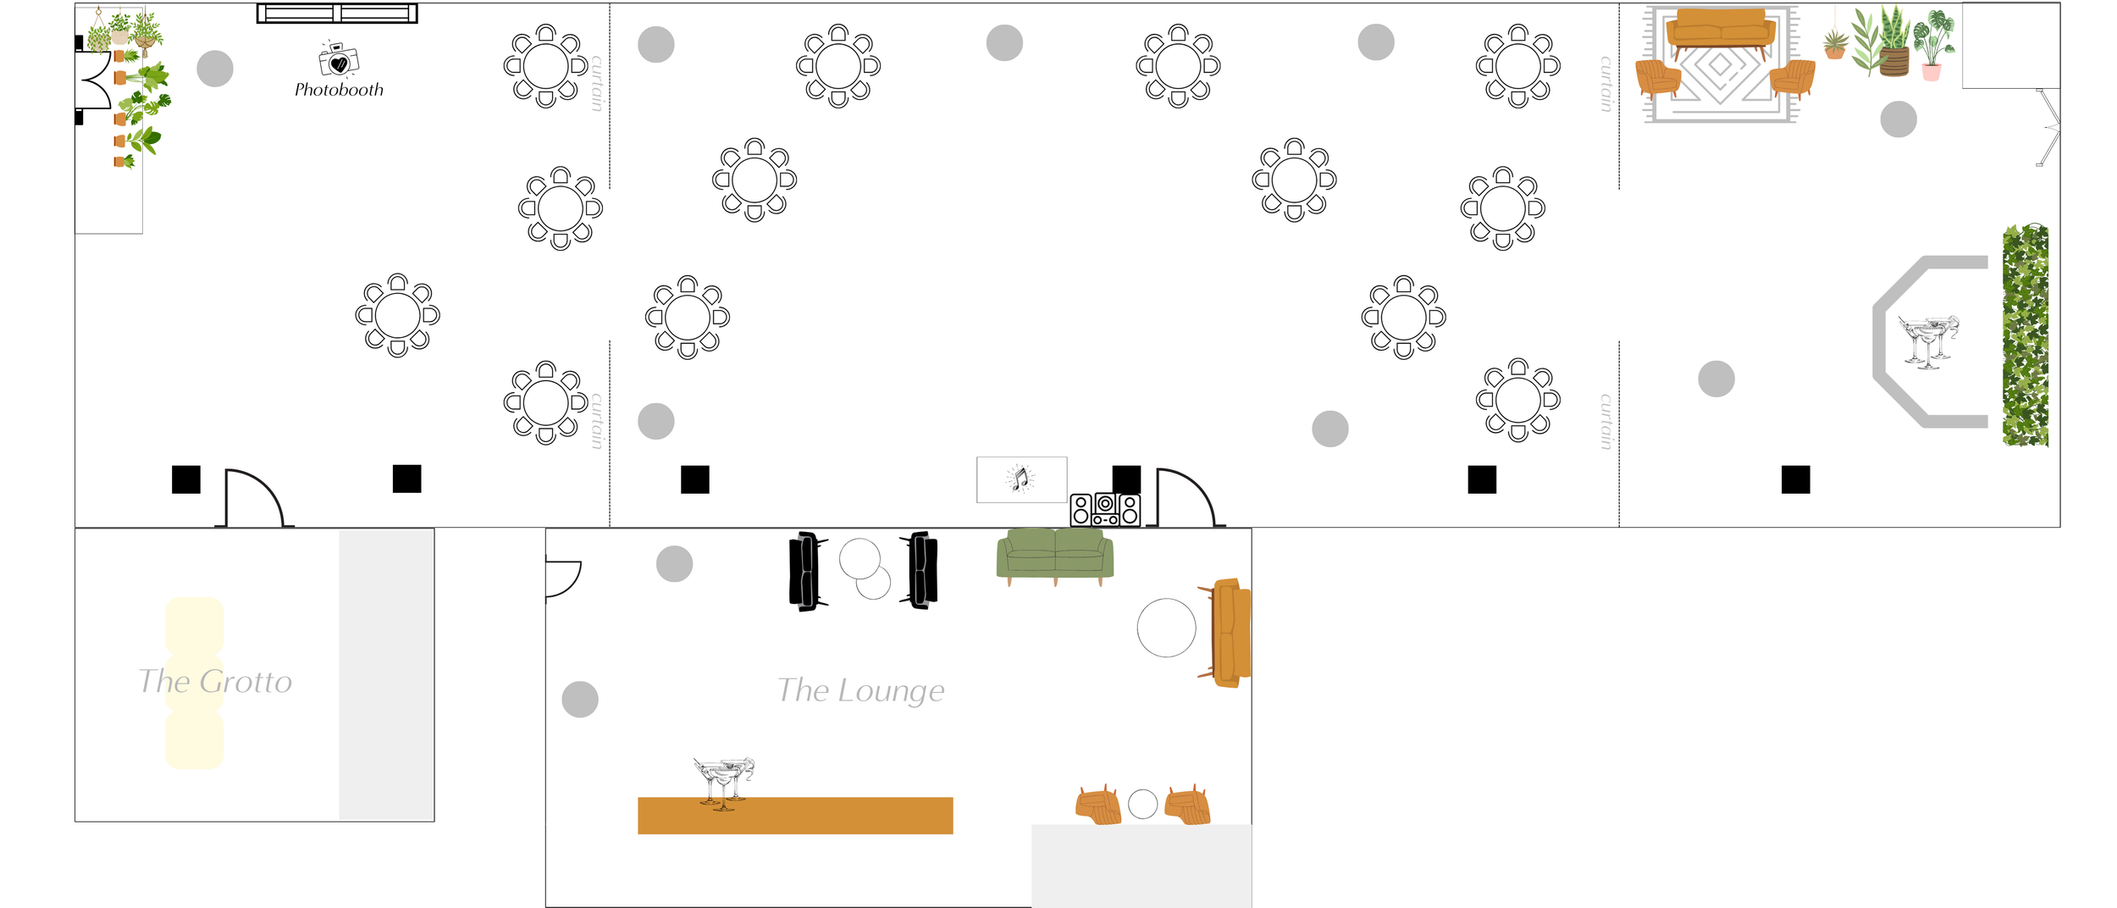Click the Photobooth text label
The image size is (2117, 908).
(x=339, y=90)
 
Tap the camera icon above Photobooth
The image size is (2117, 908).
(x=339, y=59)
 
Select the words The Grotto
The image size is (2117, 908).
(x=215, y=682)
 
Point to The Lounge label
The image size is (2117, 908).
(x=860, y=691)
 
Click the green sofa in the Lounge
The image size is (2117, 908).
(x=1054, y=555)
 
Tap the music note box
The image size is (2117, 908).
(x=1021, y=479)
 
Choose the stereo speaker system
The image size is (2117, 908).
(x=1105, y=510)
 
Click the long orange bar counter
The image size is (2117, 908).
(x=794, y=815)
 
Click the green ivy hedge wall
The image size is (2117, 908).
(x=2025, y=335)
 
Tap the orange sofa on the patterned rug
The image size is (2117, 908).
(x=1720, y=32)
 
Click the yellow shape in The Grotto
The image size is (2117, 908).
(x=194, y=683)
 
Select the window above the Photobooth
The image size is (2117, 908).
(x=337, y=14)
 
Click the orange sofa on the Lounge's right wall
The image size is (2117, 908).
(x=1230, y=632)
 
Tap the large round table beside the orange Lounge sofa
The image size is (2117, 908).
(x=1166, y=628)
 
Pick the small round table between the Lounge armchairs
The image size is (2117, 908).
(x=1142, y=804)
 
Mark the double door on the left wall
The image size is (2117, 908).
(x=94, y=80)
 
